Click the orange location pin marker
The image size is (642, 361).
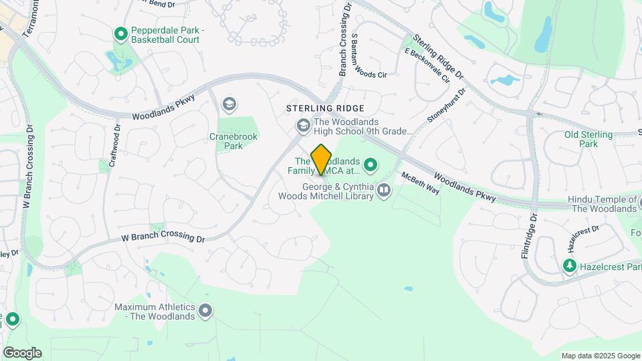322,159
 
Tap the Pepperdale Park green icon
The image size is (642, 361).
120,33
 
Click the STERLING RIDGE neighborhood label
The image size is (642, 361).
325,108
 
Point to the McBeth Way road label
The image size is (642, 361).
420,183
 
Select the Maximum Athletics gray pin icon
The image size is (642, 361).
206,311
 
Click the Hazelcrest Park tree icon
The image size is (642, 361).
569,267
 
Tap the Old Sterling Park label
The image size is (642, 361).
588,139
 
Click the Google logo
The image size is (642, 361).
22,353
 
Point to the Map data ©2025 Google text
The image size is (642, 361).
600,356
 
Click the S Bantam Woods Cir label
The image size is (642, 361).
368,55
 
